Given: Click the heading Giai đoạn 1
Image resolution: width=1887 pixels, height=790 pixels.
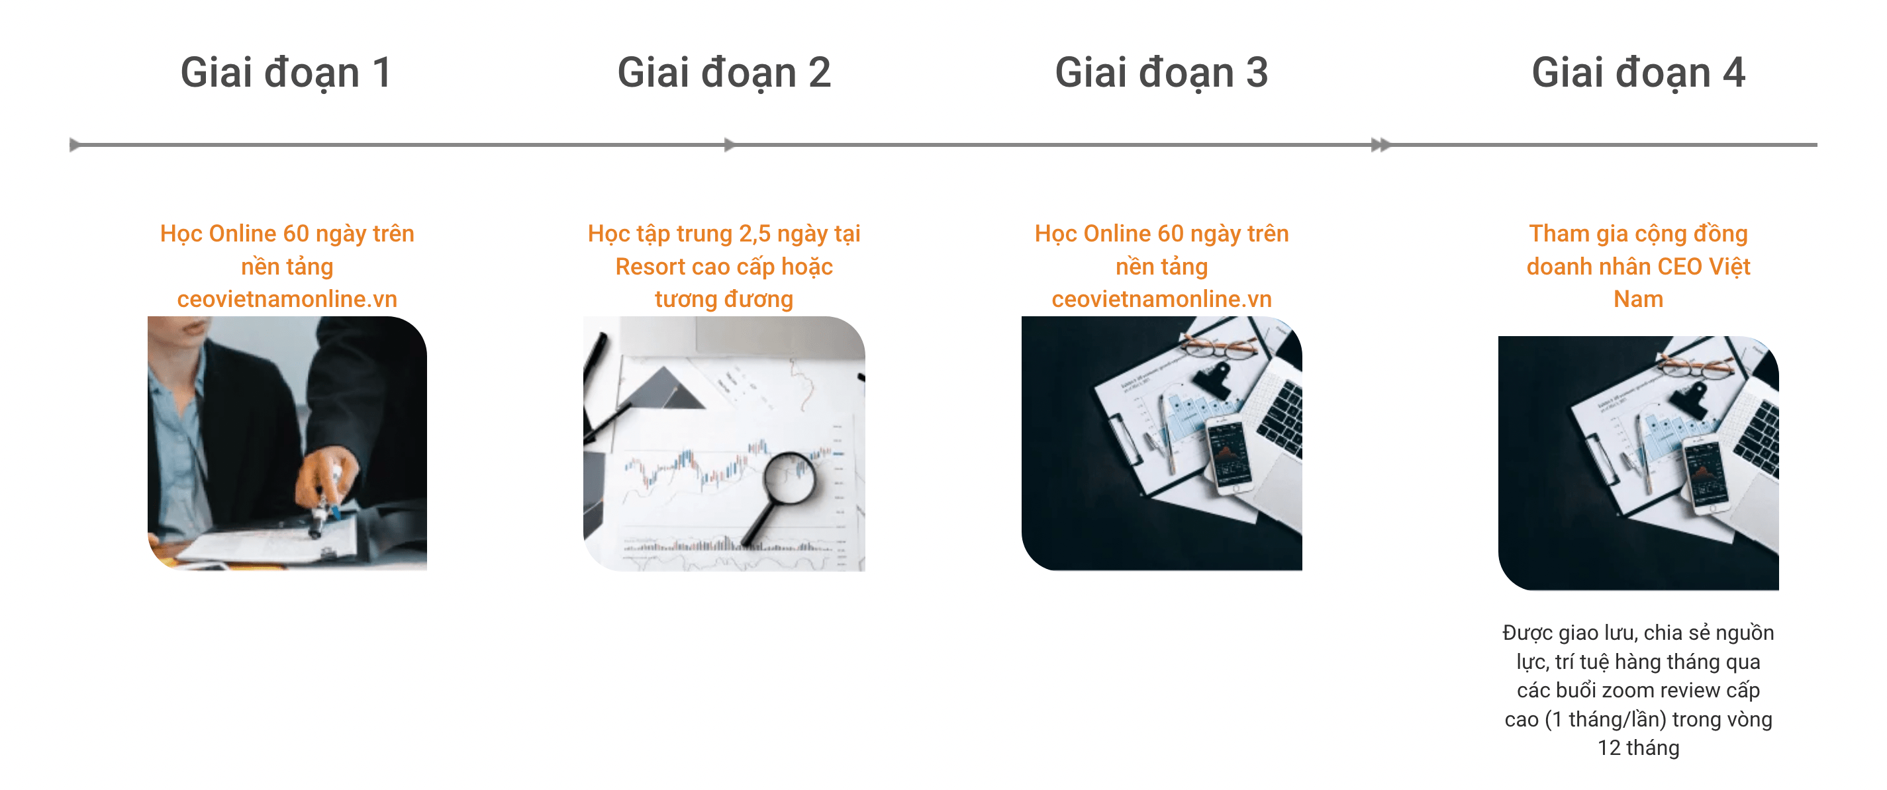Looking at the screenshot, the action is (x=287, y=73).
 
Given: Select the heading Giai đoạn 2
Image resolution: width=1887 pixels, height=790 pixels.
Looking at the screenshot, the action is (x=724, y=73).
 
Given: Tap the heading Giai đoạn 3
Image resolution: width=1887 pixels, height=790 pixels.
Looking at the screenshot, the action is (x=1161, y=73).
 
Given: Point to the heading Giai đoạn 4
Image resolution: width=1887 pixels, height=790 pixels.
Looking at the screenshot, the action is (x=1638, y=73).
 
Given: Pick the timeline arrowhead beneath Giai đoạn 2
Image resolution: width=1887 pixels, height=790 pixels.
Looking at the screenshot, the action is (x=730, y=145).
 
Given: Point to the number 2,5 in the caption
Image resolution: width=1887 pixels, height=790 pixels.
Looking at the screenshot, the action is (x=755, y=234).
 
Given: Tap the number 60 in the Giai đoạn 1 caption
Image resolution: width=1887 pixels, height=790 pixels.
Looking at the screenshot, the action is (x=296, y=234).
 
